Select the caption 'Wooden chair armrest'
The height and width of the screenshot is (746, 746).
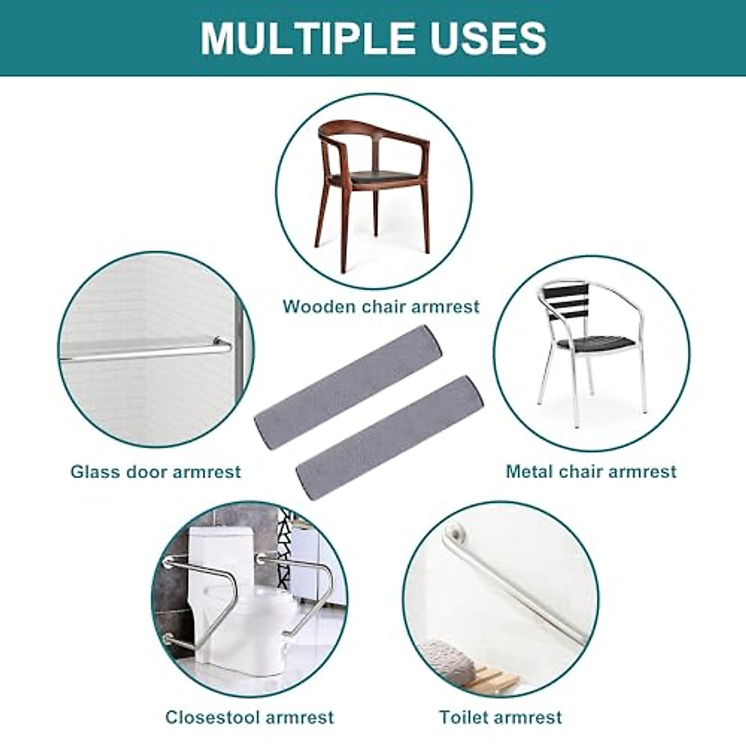382,306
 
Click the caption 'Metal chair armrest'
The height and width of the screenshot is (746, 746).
591,471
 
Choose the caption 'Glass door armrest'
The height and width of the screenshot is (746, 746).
155,471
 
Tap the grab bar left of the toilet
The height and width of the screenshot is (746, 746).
202,597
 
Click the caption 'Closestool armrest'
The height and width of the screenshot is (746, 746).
249,717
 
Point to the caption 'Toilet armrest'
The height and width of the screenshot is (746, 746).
500,717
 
